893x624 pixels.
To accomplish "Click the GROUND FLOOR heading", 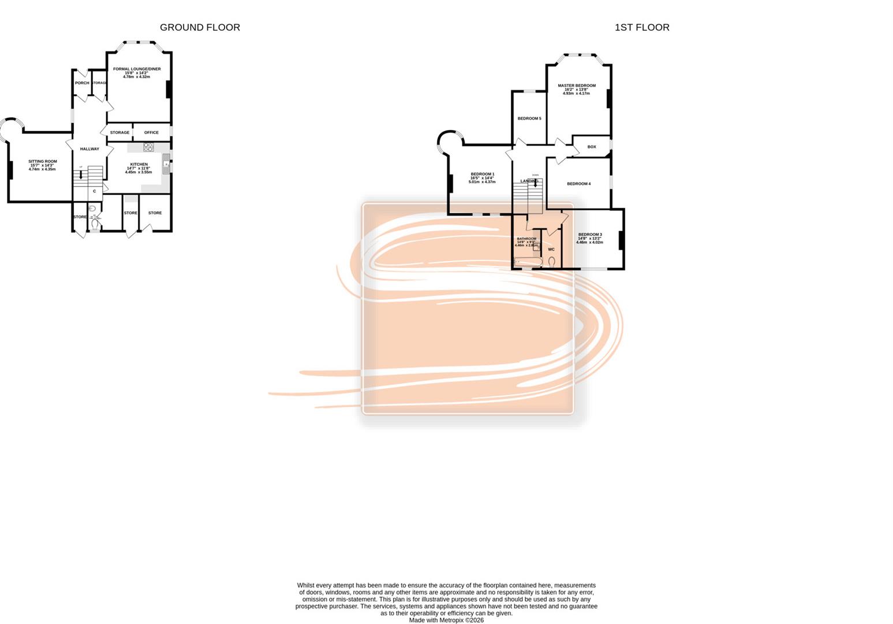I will [200, 27].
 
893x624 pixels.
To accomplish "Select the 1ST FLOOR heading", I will [641, 27].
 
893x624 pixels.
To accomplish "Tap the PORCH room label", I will [82, 83].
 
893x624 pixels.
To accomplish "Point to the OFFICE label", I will [151, 132].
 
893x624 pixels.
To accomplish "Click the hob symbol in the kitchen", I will [149, 147].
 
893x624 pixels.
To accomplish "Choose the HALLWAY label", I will [89, 149].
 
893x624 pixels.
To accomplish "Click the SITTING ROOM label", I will [43, 162].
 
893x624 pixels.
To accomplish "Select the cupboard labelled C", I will [95, 191].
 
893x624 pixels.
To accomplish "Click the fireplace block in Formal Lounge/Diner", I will [168, 90].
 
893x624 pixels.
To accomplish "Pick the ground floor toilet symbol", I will [95, 223].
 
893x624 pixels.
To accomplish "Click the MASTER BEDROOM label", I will [576, 86].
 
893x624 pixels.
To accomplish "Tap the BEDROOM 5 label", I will [529, 118].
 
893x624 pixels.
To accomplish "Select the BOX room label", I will [591, 147].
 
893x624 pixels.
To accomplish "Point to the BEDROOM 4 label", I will [578, 184].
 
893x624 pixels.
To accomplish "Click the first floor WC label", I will [551, 250].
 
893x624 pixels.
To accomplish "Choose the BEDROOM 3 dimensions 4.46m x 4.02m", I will [589, 243].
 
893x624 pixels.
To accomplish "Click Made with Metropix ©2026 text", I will [446, 621].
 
